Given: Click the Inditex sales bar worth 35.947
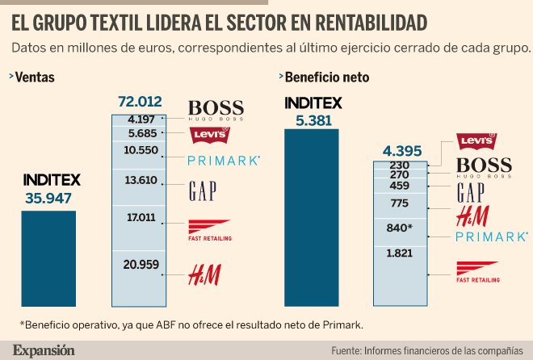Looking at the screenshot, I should tap(48, 257).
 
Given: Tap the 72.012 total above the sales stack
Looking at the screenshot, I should tap(140, 103).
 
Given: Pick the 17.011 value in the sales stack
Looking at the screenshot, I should tap(140, 217).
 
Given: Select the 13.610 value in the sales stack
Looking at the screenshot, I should tap(140, 180).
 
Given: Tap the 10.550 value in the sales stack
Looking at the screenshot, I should tap(140, 151).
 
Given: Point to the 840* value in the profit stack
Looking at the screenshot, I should tap(400, 228).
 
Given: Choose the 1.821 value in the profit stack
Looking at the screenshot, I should tap(400, 253).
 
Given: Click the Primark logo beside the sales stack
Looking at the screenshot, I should tap(224, 161).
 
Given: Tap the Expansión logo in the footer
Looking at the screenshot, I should tap(44, 350).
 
